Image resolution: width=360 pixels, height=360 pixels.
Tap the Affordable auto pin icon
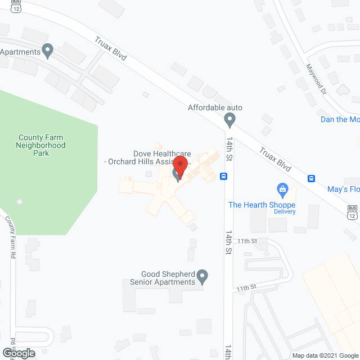click(229, 120)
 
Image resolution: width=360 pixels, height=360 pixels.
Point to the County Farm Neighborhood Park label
click(42, 145)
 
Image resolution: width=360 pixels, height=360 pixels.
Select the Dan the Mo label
click(340, 119)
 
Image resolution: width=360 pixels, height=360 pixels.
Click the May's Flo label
click(343, 190)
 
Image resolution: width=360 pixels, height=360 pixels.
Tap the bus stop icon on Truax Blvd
click(311, 179)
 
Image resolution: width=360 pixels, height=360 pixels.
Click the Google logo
click(18, 353)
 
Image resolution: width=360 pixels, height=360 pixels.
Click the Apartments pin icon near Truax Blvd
click(48, 52)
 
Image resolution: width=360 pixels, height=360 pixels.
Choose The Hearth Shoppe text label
click(262, 204)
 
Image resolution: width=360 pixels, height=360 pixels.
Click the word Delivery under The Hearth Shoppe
click(285, 211)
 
